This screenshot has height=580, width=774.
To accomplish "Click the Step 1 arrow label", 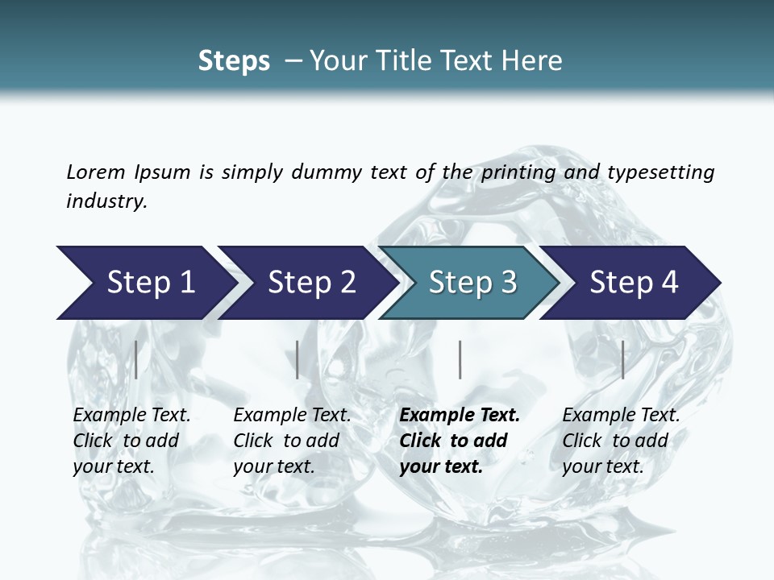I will pos(151,283).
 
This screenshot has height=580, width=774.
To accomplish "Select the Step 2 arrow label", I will pos(312,283).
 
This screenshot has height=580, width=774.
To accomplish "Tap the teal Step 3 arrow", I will pos(472,283).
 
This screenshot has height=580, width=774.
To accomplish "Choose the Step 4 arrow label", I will pos(634,283).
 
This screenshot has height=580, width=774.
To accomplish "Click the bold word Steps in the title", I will pos(234,61).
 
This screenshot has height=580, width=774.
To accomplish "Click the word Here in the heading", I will pos(533,61).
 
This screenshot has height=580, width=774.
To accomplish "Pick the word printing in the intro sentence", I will pos(517,172).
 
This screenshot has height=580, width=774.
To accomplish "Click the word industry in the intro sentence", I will pos(106,201).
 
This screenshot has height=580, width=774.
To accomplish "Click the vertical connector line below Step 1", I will pos(136,359).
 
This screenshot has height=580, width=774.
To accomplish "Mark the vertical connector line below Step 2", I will pos(298,359).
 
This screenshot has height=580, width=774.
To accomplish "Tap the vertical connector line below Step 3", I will pos(460,359).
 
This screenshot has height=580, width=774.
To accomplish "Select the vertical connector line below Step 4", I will pos(623,359).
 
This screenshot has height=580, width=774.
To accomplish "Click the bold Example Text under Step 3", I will pos(460,416).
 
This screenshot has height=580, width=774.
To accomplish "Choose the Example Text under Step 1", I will pos(131,416).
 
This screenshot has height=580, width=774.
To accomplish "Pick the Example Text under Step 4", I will pos(621,416).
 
